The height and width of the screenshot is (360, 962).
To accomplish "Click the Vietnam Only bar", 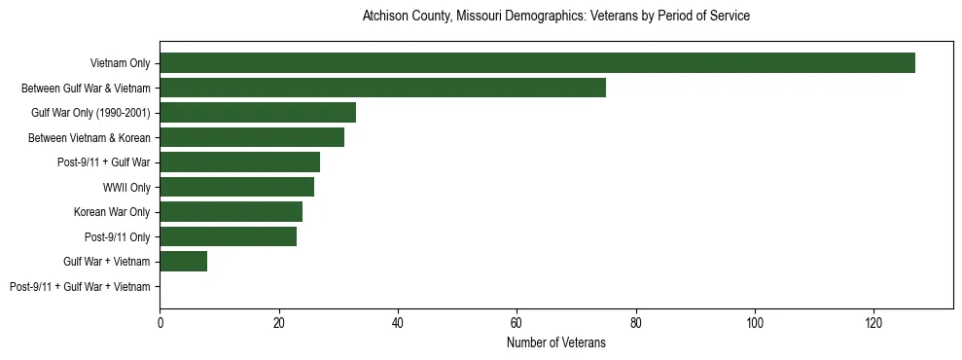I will click(x=537, y=63).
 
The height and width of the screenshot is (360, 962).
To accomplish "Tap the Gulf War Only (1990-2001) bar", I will click(x=258, y=113).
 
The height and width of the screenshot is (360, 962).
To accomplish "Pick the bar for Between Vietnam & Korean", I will click(x=252, y=137).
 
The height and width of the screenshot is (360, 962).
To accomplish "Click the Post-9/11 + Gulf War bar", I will click(x=239, y=162).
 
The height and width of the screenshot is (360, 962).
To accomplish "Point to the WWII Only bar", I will click(x=236, y=187).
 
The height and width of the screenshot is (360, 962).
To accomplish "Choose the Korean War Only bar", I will click(x=231, y=212).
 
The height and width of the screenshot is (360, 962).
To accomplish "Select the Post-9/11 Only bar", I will click(x=228, y=236).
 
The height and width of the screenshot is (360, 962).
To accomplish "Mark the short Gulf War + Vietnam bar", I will click(x=183, y=262).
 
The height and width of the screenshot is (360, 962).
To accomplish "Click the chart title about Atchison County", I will click(x=555, y=17).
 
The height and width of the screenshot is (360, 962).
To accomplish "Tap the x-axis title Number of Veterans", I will click(x=555, y=342).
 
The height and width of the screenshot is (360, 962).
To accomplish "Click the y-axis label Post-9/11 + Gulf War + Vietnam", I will click(x=80, y=287).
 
